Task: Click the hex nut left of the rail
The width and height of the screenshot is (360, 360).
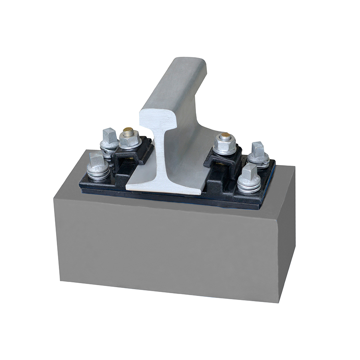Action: (129, 139)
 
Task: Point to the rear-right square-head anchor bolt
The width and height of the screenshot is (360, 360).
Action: (258, 149)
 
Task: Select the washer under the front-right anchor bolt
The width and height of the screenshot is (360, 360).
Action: (249, 186)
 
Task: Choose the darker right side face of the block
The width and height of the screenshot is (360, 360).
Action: (286, 232)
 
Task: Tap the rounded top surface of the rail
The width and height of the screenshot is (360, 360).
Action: (188, 64)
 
